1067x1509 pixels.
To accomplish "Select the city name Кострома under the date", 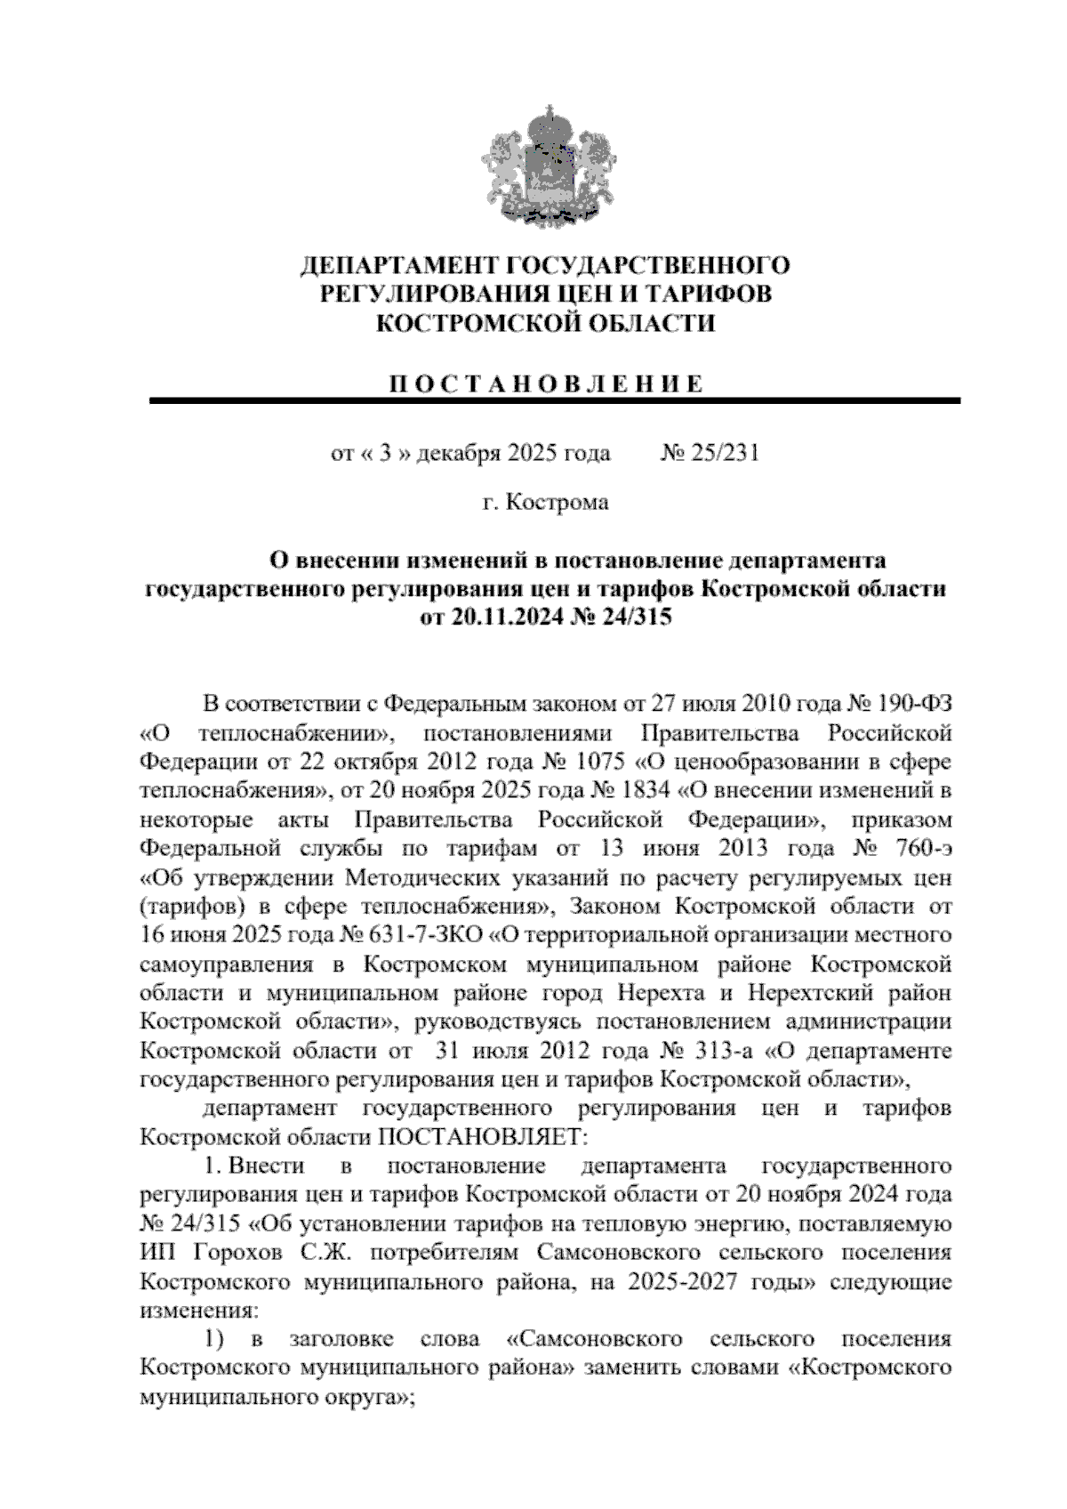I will click(x=558, y=503).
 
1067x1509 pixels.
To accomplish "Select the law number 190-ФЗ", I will click(x=915, y=705).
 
